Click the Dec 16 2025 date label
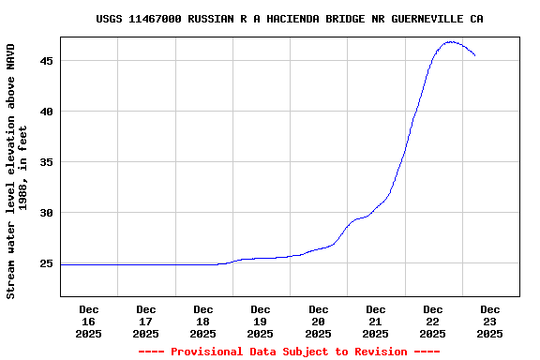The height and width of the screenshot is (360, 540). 89,321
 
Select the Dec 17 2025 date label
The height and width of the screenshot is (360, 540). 146,321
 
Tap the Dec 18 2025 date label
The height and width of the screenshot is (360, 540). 203,321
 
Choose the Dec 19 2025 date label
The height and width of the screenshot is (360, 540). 261,321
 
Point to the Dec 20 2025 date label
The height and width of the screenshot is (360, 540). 319,321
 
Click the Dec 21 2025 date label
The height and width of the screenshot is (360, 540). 376,321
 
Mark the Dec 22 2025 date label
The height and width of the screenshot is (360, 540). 433,321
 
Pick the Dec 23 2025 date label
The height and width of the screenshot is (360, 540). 490,321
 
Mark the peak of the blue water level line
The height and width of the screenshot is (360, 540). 451,42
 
